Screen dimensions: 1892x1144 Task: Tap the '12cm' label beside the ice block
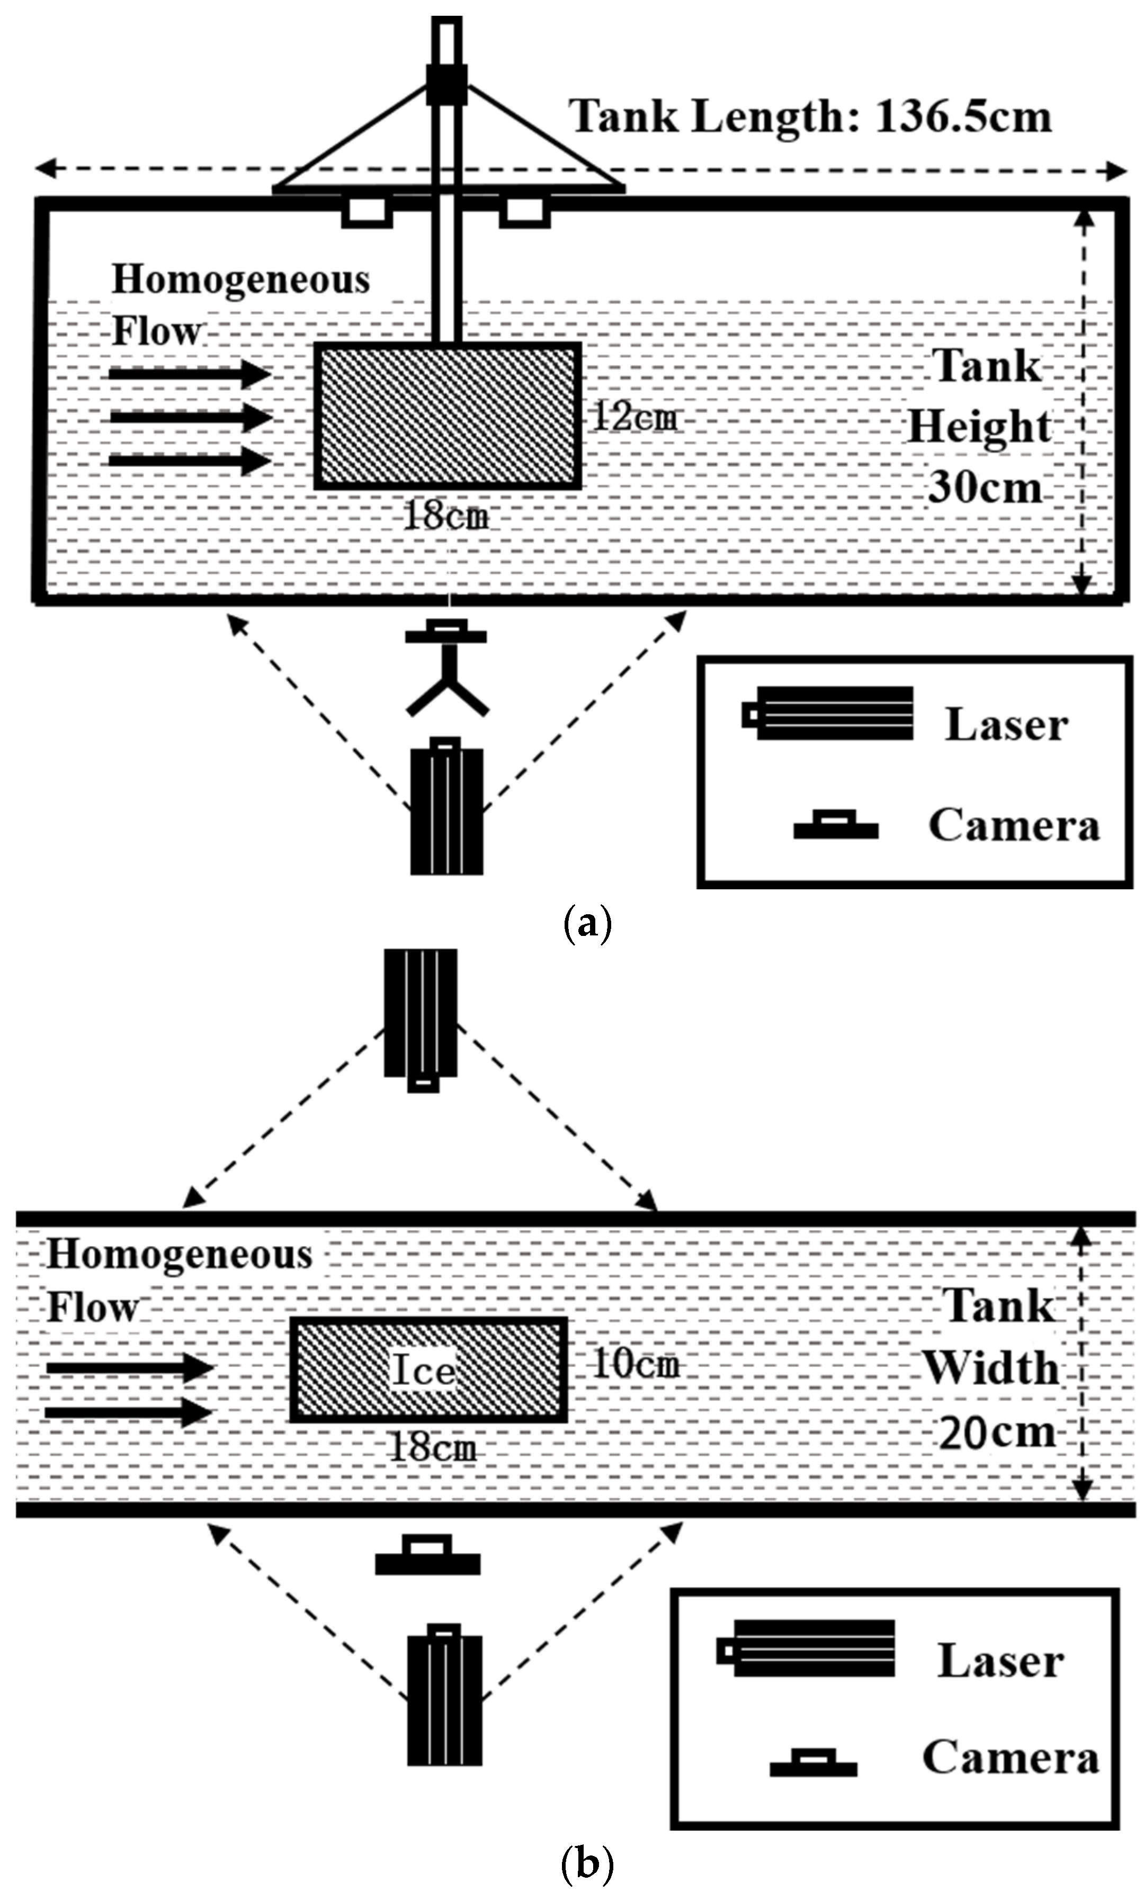(634, 418)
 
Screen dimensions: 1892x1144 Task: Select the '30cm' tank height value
(985, 487)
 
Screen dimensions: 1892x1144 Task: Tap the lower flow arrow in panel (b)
(128, 1413)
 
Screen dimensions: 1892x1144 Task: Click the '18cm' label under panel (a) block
(445, 516)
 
